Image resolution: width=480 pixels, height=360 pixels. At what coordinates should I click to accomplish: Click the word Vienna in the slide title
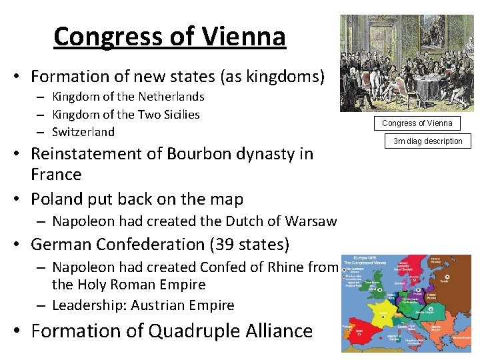click(x=246, y=37)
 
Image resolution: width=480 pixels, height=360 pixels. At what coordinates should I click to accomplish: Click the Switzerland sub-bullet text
click(x=83, y=131)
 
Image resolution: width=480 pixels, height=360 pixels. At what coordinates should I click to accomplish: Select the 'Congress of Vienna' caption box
click(x=417, y=123)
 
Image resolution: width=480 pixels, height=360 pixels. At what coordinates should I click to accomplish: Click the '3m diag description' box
click(x=427, y=141)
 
